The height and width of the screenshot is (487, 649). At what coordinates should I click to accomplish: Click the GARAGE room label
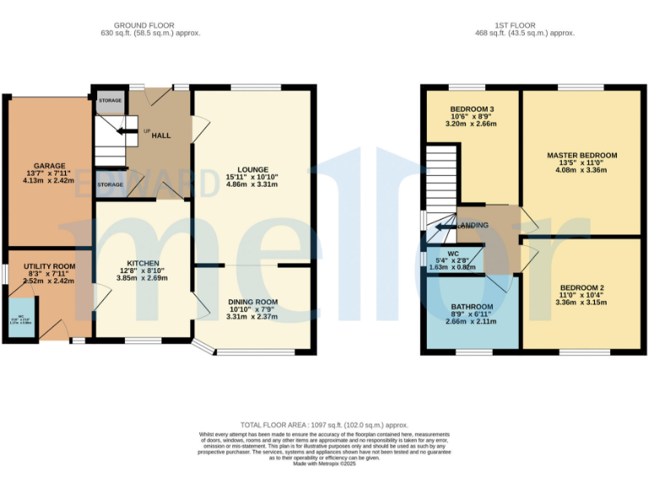(50, 166)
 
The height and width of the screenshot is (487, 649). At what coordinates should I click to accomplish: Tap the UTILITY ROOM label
(49, 266)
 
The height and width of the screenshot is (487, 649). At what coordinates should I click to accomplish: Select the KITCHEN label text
(143, 263)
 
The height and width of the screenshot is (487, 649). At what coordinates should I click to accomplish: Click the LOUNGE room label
(252, 168)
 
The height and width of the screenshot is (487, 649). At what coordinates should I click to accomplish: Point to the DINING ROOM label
(253, 302)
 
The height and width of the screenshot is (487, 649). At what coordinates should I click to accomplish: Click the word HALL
(161, 135)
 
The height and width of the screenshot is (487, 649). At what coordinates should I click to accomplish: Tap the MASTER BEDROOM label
(581, 156)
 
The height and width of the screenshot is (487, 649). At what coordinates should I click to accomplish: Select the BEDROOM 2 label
(581, 287)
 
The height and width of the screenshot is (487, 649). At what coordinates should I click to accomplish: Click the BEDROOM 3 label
(472, 108)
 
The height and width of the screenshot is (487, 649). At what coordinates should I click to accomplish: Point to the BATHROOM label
(472, 307)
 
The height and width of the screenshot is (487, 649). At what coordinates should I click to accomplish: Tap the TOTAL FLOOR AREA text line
(324, 425)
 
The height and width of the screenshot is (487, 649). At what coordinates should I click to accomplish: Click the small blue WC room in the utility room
(21, 320)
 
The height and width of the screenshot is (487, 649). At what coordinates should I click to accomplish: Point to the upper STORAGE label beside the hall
(110, 100)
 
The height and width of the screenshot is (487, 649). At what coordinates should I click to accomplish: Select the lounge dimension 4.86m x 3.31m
(252, 183)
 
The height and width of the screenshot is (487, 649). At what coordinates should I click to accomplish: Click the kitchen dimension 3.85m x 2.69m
(143, 278)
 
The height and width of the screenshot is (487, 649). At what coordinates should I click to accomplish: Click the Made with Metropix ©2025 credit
(324, 463)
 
